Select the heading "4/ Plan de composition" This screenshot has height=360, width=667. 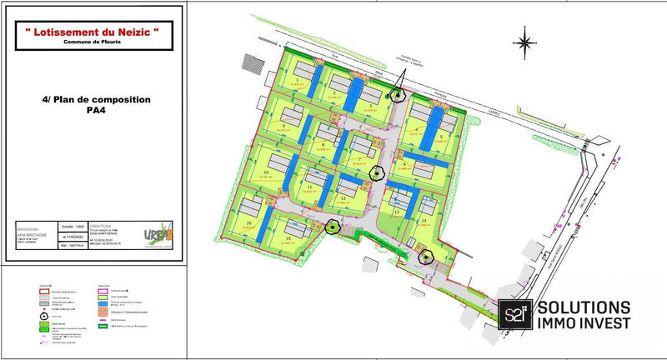click(x=96, y=99)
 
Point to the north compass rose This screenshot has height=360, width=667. click(x=524, y=42)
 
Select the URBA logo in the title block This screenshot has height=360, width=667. click(x=158, y=233)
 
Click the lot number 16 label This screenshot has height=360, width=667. click(x=249, y=224)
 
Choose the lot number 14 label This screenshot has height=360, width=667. click(x=424, y=221)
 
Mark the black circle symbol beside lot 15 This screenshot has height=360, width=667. click(x=333, y=226)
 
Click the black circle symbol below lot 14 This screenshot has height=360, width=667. click(x=426, y=257)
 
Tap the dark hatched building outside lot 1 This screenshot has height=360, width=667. click(x=250, y=62)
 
